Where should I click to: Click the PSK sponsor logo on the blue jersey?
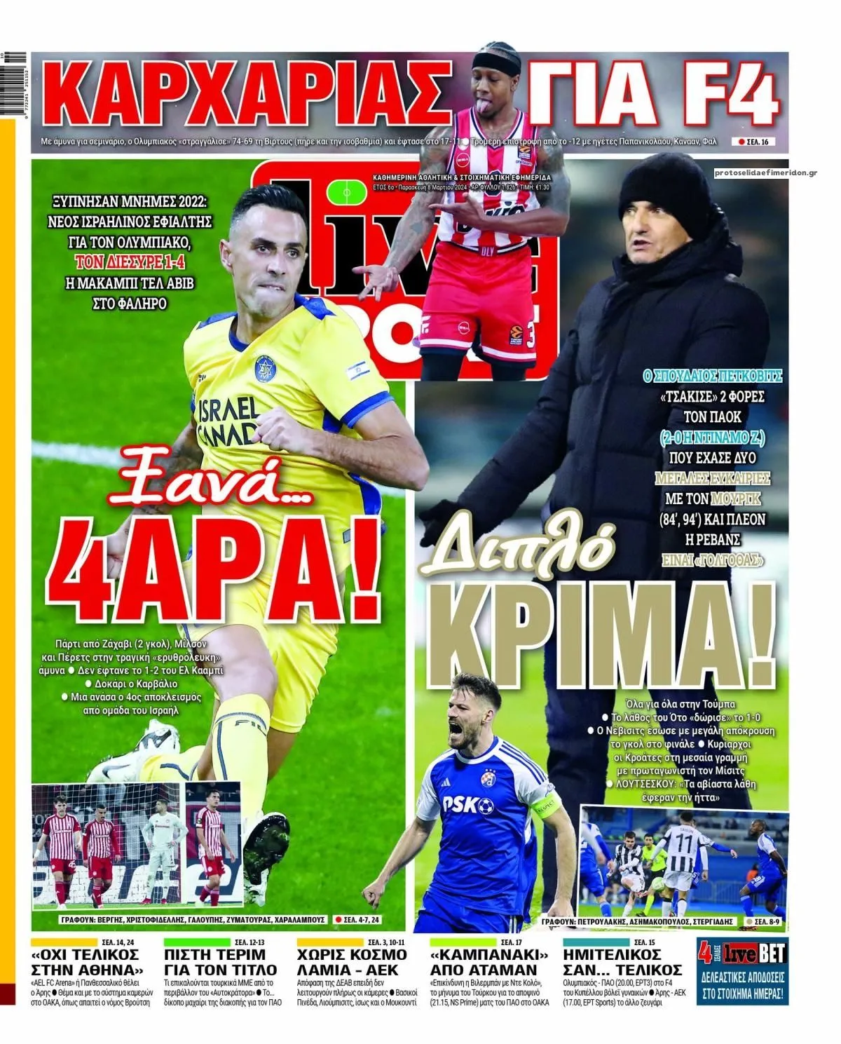click(x=467, y=804)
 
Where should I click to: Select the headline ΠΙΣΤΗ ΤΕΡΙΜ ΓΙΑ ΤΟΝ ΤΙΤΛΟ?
click(x=220, y=962)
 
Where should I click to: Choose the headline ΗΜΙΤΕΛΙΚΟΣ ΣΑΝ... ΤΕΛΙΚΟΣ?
click(x=622, y=962)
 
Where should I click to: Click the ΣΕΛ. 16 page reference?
click(x=753, y=142)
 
